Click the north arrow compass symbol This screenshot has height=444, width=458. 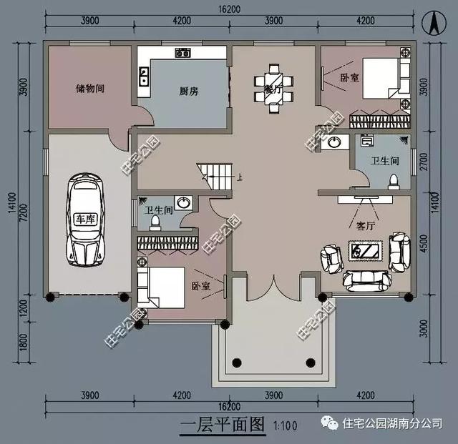(x=434, y=23)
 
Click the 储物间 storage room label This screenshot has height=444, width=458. (x=90, y=89)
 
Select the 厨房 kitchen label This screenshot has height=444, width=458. (x=189, y=92)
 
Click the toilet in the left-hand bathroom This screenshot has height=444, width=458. (x=154, y=222)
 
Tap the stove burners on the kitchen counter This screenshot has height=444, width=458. (x=182, y=52)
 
